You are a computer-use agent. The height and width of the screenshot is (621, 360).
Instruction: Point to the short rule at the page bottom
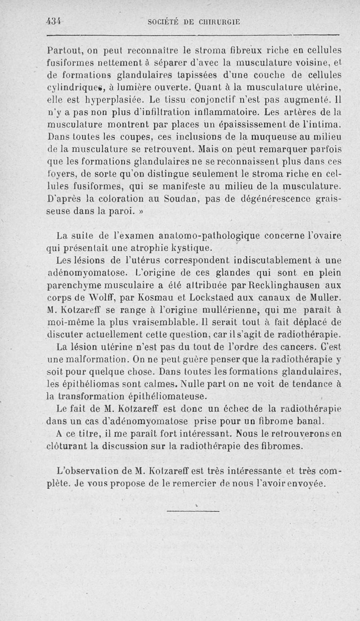coord(193,511)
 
